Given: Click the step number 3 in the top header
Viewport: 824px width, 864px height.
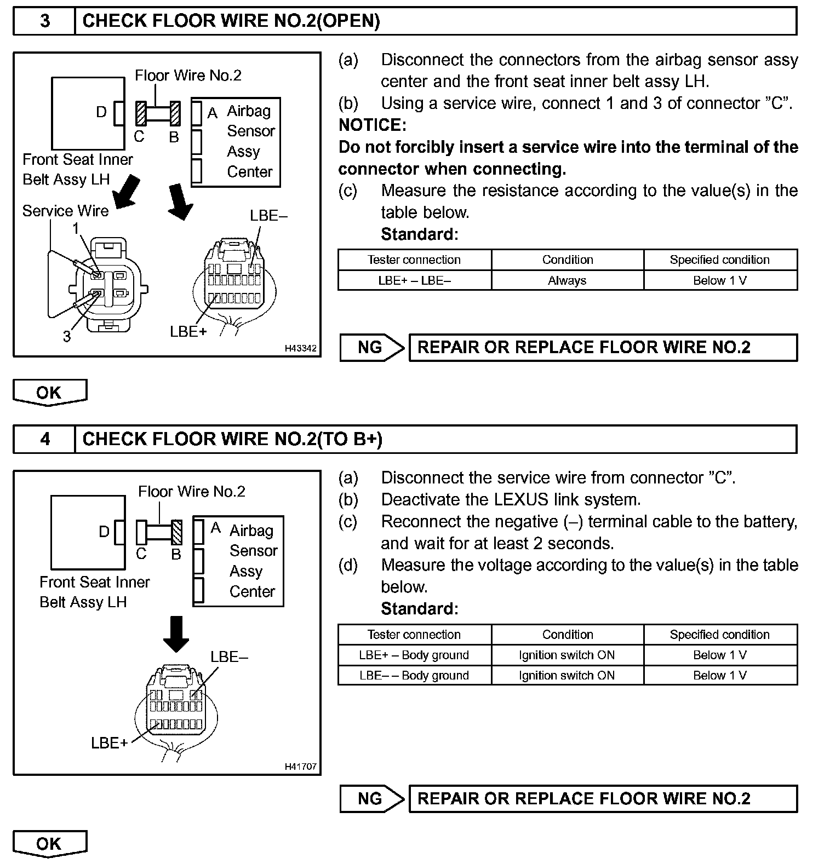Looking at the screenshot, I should pyautogui.click(x=45, y=21).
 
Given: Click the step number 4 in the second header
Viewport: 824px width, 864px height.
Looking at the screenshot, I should pyautogui.click(x=45, y=439).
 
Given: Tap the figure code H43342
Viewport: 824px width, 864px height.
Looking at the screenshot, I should pyautogui.click(x=300, y=348).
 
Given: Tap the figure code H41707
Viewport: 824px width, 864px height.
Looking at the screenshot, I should pyautogui.click(x=300, y=767).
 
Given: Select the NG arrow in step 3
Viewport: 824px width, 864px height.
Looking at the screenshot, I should pyautogui.click(x=371, y=347).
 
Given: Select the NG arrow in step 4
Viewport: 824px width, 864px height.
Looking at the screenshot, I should pyautogui.click(x=371, y=798).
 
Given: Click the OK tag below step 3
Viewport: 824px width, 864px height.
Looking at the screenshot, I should pyautogui.click(x=49, y=393).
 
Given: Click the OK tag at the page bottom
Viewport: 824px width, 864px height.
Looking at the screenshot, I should pyautogui.click(x=49, y=844).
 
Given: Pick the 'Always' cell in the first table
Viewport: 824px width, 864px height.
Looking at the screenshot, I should pyautogui.click(x=567, y=280).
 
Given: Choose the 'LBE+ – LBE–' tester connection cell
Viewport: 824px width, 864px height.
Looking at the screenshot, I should pyautogui.click(x=414, y=280).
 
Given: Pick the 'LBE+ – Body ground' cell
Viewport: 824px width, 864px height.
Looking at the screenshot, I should pyautogui.click(x=414, y=655).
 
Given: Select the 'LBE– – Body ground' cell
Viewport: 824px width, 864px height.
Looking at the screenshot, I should pyautogui.click(x=414, y=675).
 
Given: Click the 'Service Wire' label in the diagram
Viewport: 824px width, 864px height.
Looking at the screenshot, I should pyautogui.click(x=65, y=211).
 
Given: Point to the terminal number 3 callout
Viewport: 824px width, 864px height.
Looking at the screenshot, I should pyautogui.click(x=67, y=336).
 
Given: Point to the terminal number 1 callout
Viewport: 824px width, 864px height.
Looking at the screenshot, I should pyautogui.click(x=77, y=229).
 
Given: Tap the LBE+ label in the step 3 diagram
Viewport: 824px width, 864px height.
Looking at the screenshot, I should pyautogui.click(x=188, y=332).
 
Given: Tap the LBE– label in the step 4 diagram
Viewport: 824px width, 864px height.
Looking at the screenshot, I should pyautogui.click(x=229, y=657).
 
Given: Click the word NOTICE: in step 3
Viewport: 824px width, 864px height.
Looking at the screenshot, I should pyautogui.click(x=373, y=125).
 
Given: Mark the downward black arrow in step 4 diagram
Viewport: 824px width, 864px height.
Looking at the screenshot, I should pyautogui.click(x=176, y=634).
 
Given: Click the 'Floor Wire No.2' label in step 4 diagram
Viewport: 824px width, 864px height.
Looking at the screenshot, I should pyautogui.click(x=191, y=492).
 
